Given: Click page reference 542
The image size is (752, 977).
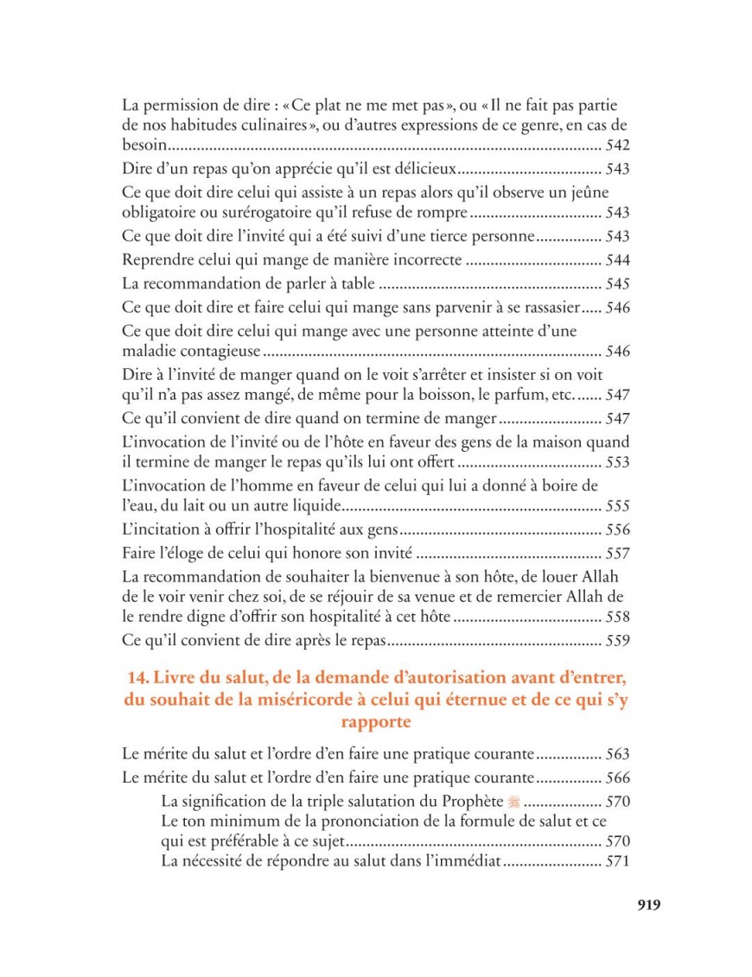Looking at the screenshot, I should tap(618, 146).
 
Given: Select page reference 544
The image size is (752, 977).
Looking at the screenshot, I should tap(618, 261).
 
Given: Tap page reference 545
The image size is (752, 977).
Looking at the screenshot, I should tap(618, 283).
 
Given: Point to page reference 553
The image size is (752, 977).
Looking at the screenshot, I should tap(618, 464).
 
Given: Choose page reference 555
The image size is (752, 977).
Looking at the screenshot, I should tap(618, 506).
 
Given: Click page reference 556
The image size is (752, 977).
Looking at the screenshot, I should tap(618, 530).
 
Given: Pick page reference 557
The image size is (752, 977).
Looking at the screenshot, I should tap(618, 554).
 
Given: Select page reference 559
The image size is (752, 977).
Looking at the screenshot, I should tap(618, 642).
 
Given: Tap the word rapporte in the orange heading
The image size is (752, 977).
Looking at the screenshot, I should tap(375, 721).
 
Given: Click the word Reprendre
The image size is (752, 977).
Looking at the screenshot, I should tap(153, 261).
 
